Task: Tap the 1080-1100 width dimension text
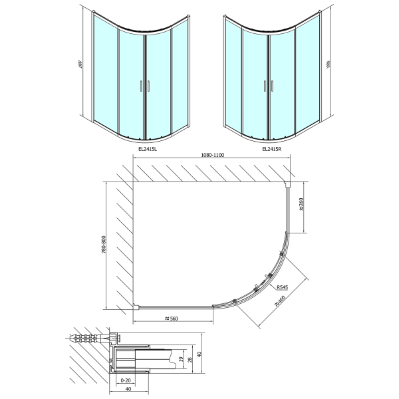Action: [x=213, y=155]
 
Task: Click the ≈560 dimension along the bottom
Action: [x=174, y=319]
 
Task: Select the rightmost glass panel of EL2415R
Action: [x=307, y=73]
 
